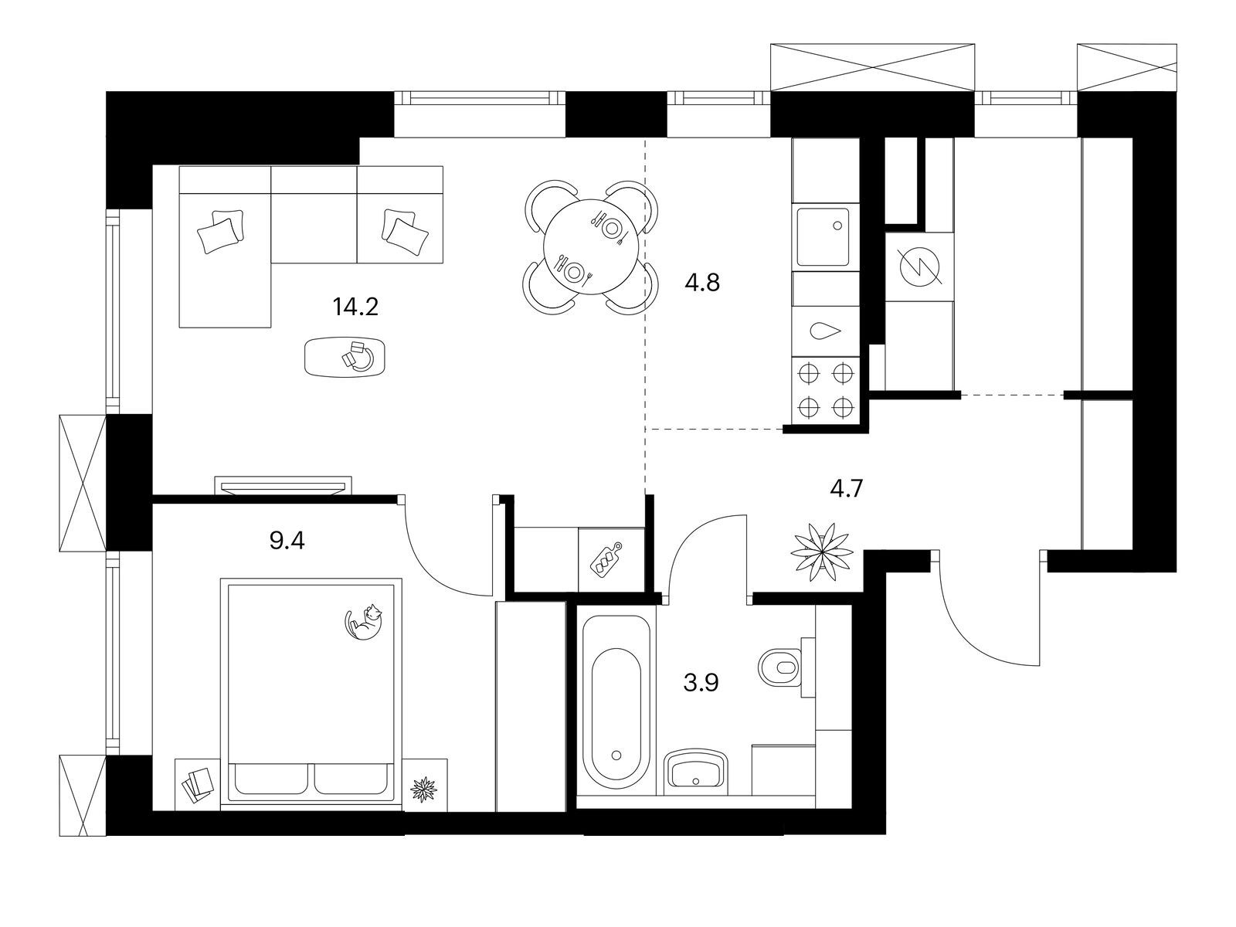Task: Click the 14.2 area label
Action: [355, 307]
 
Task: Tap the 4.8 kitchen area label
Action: [702, 282]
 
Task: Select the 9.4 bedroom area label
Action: [287, 541]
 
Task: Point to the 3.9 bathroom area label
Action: [701, 684]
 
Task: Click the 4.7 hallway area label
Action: [847, 488]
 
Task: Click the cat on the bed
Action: [363, 621]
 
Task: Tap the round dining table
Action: [592, 247]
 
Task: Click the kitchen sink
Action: [823, 237]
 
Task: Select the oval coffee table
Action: [345, 358]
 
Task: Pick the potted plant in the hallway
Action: [822, 552]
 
